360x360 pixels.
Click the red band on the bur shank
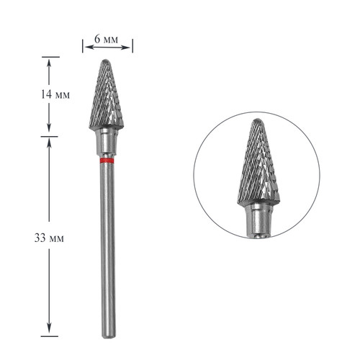pyautogui.click(x=107, y=162)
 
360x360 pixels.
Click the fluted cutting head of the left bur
pyautogui.click(x=107, y=101)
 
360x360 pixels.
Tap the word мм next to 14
pyautogui.click(x=63, y=95)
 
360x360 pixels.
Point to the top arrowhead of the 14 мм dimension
pyautogui.click(x=49, y=61)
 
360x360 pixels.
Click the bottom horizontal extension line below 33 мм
pyautogui.click(x=49, y=336)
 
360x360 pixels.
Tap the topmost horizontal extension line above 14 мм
pyautogui.click(x=49, y=57)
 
